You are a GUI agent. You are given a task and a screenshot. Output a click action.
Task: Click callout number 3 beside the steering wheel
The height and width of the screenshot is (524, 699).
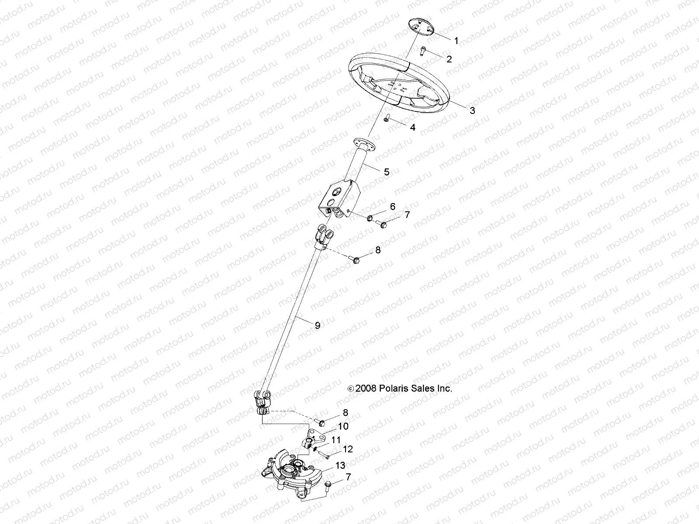472,110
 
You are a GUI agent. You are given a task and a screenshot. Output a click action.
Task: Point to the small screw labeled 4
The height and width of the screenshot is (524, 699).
387,118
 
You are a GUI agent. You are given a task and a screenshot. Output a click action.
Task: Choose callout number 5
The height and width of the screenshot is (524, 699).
386,172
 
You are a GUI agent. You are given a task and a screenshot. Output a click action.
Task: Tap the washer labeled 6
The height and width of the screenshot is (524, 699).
370,217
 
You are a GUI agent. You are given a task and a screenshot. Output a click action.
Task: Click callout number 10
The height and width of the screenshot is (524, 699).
343,426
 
